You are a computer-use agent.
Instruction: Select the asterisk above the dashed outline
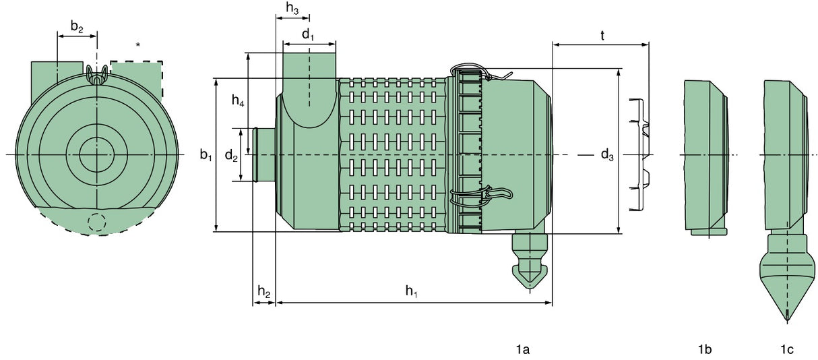click(x=138, y=45)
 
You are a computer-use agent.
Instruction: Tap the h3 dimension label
click(x=292, y=9)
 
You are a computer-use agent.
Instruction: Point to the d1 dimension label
click(x=307, y=35)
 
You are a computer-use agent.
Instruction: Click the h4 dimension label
click(x=238, y=101)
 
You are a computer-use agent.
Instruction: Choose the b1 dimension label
click(x=206, y=155)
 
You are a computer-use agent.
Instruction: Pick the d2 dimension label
click(x=231, y=156)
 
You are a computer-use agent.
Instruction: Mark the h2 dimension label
click(x=263, y=292)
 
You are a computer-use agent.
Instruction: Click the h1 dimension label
click(x=411, y=291)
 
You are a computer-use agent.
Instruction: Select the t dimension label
click(x=602, y=35)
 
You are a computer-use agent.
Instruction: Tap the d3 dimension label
click(x=607, y=156)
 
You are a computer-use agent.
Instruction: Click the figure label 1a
click(x=522, y=349)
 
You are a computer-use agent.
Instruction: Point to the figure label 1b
click(x=705, y=349)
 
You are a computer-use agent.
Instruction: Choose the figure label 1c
click(x=786, y=349)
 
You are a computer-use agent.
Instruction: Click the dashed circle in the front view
click(x=97, y=222)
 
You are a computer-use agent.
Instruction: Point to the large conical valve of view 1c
click(x=787, y=276)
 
